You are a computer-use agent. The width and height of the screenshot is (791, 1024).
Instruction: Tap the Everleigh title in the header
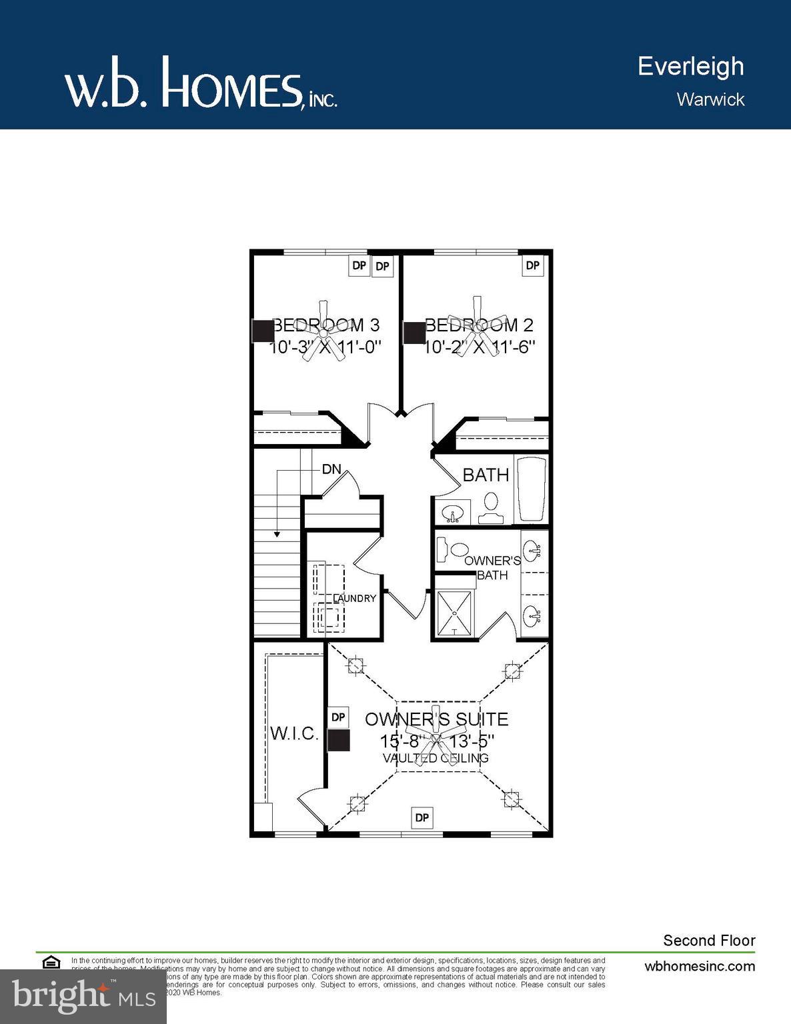[x=690, y=66]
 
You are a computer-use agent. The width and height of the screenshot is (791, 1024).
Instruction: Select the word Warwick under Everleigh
[x=710, y=99]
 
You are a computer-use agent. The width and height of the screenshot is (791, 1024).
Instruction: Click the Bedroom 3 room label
[x=327, y=325]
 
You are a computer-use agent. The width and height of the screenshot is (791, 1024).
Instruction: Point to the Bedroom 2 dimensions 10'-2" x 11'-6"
[x=480, y=347]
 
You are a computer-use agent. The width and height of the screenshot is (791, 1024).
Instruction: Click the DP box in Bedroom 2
[x=532, y=265]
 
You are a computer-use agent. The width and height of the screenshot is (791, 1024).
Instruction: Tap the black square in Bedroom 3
[x=262, y=331]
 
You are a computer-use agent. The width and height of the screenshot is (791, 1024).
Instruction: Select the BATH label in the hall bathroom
[x=486, y=475]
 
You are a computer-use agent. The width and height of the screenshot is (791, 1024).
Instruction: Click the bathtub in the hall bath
[x=532, y=489]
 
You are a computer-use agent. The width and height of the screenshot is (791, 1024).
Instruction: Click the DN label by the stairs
[x=331, y=469]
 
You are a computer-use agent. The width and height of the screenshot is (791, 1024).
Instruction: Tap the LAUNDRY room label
[x=355, y=598]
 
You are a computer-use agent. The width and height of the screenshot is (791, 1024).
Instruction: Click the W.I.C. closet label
[x=294, y=733]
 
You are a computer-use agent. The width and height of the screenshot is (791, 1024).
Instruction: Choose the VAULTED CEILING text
[x=436, y=758]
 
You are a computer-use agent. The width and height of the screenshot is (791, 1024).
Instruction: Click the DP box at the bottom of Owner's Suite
[x=422, y=817]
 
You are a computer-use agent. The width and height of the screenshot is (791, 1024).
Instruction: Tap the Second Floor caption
[x=709, y=941]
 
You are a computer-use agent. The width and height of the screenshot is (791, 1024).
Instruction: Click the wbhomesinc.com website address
[x=700, y=966]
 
